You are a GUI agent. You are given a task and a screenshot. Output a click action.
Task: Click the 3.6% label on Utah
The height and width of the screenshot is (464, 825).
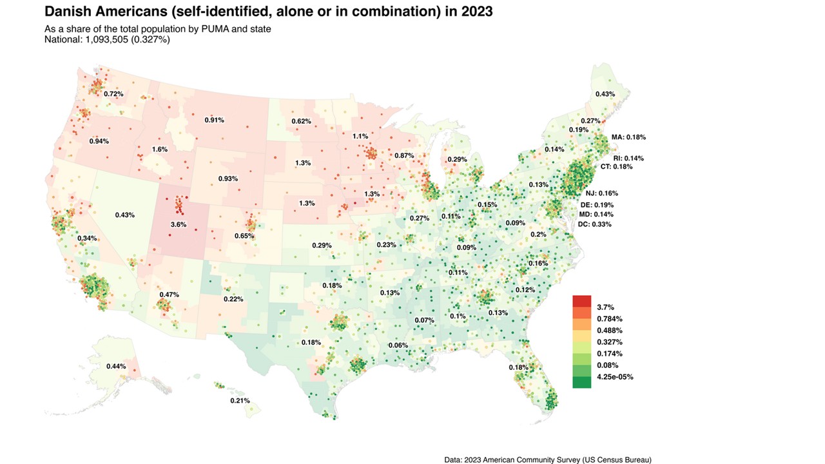[179, 225]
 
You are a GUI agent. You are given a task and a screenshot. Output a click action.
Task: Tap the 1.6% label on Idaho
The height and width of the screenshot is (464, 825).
[160, 150]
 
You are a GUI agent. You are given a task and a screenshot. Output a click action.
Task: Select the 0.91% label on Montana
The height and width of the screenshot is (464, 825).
[215, 121]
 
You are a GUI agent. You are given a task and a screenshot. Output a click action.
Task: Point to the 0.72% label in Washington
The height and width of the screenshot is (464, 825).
[113, 94]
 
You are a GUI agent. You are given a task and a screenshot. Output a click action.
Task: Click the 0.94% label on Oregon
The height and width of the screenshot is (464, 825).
[99, 141]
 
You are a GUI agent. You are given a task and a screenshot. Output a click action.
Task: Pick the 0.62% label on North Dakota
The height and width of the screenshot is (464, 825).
[301, 121]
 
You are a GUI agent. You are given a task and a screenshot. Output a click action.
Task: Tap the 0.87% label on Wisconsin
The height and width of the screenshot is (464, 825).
[404, 156]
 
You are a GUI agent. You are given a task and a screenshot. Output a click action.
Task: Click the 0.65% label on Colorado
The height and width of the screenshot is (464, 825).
[244, 236]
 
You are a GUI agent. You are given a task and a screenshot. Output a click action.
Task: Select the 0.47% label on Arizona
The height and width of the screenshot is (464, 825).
[169, 295]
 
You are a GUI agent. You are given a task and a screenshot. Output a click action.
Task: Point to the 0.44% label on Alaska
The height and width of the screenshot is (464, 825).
[116, 367]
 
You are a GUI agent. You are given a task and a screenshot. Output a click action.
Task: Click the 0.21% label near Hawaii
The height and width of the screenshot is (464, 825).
[240, 401]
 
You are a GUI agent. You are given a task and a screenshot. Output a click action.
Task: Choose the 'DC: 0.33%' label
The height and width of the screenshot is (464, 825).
[595, 224]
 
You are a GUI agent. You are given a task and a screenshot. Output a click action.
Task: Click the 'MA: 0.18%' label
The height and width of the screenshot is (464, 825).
[628, 137]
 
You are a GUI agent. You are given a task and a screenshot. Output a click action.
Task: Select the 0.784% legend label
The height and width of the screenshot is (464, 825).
[610, 319]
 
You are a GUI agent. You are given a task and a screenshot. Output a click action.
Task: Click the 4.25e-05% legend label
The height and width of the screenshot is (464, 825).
[615, 377]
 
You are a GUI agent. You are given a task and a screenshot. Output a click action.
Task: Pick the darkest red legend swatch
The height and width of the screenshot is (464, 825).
[581, 301]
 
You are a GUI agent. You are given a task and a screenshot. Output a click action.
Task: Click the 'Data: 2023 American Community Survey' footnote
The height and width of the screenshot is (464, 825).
[548, 459]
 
